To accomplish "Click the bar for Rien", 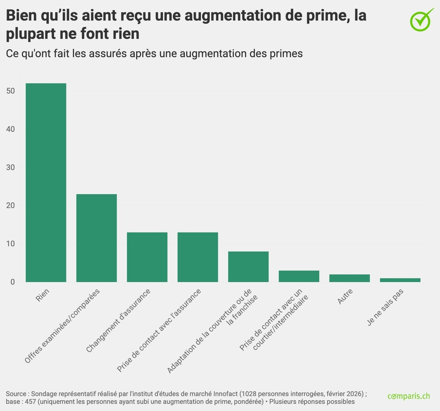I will pyautogui.click(x=46, y=182).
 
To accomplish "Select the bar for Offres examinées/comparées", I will pyautogui.click(x=96, y=238).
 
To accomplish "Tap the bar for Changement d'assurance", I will pyautogui.click(x=147, y=257).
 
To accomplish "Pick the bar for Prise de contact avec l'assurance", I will pyautogui.click(x=198, y=257).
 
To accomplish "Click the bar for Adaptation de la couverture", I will pyautogui.click(x=248, y=266).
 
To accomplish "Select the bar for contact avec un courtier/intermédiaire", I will pyautogui.click(x=299, y=276).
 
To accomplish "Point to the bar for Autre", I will pyautogui.click(x=349, y=278).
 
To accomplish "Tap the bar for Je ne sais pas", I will pyautogui.click(x=400, y=280).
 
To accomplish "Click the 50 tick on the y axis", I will pyautogui.click(x=10, y=91).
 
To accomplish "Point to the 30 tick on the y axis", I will pyautogui.click(x=10, y=167).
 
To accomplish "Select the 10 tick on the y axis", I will pyautogui.click(x=10, y=244).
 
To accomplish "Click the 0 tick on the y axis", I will pyautogui.click(x=12, y=282).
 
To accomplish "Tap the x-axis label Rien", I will pyautogui.click(x=43, y=295).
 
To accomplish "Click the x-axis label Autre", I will pyautogui.click(x=345, y=297).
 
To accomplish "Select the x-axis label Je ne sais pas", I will pyautogui.click(x=385, y=308).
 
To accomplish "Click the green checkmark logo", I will pyautogui.click(x=421, y=19).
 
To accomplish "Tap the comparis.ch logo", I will pyautogui.click(x=408, y=396).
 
